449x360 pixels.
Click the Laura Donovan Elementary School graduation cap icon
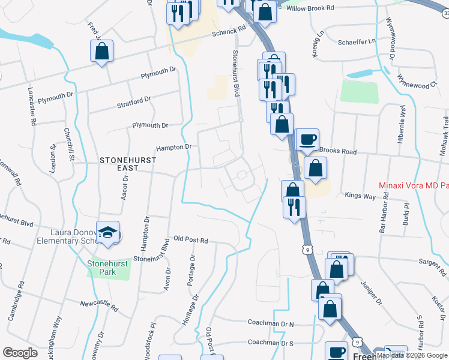click(108, 233)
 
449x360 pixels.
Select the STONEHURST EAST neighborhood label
click(128, 164)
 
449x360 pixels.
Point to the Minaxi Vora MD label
click(414, 185)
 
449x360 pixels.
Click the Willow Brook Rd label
click(310, 8)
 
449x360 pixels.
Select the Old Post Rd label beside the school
click(190, 240)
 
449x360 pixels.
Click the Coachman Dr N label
click(271, 323)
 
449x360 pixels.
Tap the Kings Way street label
click(360, 195)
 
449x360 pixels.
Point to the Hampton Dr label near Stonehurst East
click(173, 147)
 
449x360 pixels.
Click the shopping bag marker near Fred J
click(102, 52)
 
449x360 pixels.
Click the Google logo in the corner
click(20, 353)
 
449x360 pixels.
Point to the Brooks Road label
click(339, 151)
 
